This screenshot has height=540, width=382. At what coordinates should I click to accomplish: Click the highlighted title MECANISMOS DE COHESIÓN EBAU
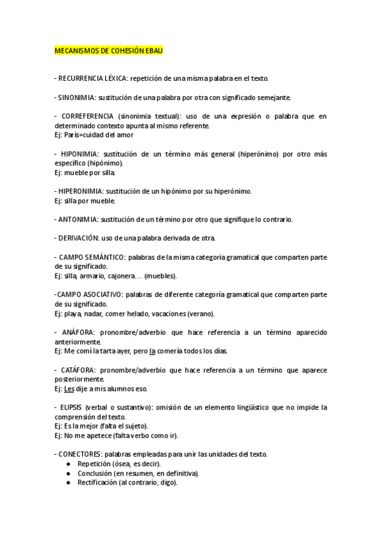pyautogui.click(x=109, y=50)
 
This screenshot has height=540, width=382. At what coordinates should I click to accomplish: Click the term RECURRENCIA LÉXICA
pyautogui.click(x=92, y=78)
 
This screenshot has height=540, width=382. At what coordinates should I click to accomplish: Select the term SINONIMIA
pyautogui.click(x=78, y=98)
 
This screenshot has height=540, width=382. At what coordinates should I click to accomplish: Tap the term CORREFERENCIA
pyautogui.click(x=88, y=117)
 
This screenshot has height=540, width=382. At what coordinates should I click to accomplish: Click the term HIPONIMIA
pyautogui.click(x=80, y=154)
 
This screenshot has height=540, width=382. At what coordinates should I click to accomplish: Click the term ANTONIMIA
pyautogui.click(x=78, y=219)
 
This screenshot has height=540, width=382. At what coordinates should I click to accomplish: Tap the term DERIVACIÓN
pyautogui.click(x=79, y=238)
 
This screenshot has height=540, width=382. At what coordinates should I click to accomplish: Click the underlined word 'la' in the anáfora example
pyautogui.click(x=152, y=351)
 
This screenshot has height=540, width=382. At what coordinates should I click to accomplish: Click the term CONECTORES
pyautogui.click(x=80, y=454)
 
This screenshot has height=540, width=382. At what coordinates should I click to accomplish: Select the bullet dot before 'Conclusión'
pyautogui.click(x=69, y=473)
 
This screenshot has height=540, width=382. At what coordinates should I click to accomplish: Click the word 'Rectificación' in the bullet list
pyautogui.click(x=97, y=483)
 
